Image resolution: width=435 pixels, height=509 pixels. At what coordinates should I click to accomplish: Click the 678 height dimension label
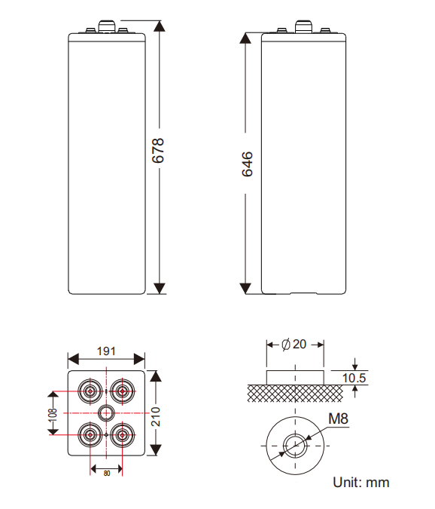(158, 150)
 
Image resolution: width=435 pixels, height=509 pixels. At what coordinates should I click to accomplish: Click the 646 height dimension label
(247, 164)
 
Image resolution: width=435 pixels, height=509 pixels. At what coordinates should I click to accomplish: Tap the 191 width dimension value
(106, 351)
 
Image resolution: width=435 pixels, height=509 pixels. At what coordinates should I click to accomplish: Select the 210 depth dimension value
(156, 416)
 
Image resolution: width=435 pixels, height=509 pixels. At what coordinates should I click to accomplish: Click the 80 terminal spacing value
(107, 474)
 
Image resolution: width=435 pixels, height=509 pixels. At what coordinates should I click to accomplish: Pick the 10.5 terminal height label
(354, 379)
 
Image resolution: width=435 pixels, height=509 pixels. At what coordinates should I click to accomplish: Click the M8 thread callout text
(338, 419)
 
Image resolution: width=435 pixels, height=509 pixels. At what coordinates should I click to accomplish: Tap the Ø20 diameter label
(294, 345)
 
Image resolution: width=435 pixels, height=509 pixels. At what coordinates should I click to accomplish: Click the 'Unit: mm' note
(360, 483)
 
